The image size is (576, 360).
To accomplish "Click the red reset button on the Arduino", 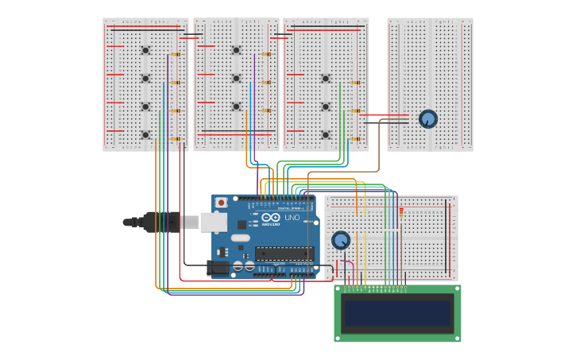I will point(221,203).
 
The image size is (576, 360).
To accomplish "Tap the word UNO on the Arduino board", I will point(292,218).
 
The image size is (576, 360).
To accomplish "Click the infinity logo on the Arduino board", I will point(271,218).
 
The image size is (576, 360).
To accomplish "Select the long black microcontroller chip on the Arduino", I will point(284,254).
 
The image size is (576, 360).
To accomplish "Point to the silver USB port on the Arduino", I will point(213,222).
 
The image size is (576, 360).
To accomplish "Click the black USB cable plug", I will point(160,222).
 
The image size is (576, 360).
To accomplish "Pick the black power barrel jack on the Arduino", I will point(218,268).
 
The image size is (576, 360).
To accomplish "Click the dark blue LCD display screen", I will point(397,313).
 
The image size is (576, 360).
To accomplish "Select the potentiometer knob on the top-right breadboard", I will point(428,118).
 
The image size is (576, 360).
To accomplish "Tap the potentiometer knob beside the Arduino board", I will point(341,240).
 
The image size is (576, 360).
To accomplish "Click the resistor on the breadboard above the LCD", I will point(401,212).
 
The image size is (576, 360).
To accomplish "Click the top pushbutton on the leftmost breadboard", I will point(145,50).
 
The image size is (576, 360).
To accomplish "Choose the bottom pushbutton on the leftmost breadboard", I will point(145,134).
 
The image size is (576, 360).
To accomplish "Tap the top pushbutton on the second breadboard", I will point(236,50).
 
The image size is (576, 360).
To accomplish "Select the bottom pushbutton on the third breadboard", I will point(326,134).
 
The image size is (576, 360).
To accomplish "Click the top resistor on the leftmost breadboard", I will point(176,55).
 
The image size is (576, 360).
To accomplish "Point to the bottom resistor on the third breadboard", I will point(355,139).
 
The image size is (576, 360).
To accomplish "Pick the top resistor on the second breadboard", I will point(266,55).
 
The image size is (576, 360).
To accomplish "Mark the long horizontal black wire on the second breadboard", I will point(238,131).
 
